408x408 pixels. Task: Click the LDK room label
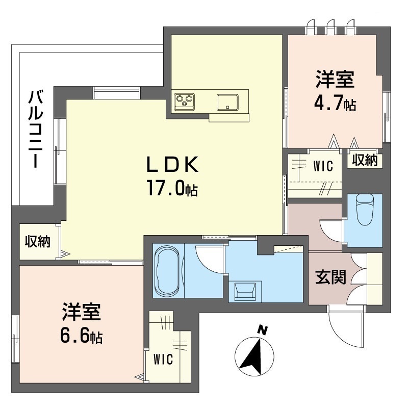coord(173,164)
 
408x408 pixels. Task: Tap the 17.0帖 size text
coord(172,188)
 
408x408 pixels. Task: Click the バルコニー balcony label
coord(36,129)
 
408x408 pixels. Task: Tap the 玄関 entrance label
coord(330,277)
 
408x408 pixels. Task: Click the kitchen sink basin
coord(227,103)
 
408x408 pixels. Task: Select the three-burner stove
coord(185,101)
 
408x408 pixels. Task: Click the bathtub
coord(167,270)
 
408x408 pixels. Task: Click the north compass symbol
coord(254,356)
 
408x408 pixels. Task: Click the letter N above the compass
coord(263,330)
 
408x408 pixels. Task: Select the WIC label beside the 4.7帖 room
coord(323,166)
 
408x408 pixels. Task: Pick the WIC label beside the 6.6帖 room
coord(163,360)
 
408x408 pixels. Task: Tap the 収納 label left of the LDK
coord(37,241)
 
